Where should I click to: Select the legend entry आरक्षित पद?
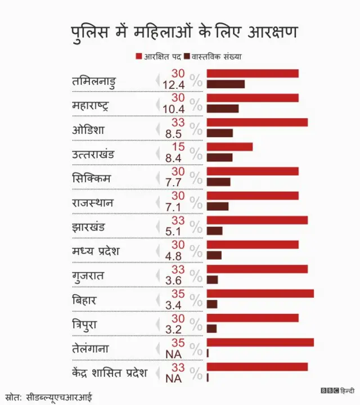[x=161, y=56]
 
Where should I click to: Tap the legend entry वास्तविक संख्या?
[x=216, y=56]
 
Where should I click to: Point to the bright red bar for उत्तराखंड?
[x=229, y=147]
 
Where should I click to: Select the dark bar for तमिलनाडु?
[x=226, y=84]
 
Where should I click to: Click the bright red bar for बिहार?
[x=260, y=294]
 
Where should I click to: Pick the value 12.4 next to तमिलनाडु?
[x=173, y=85]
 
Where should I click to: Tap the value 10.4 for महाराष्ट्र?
[x=173, y=109]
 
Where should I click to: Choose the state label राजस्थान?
[x=93, y=202]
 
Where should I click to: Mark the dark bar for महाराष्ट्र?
[x=223, y=109]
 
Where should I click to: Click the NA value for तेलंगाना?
[x=173, y=354]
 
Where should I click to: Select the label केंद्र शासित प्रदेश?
[x=109, y=373]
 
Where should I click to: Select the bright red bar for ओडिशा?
[x=257, y=123]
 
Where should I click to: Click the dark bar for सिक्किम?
[x=218, y=182]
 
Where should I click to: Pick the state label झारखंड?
[x=88, y=227]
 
